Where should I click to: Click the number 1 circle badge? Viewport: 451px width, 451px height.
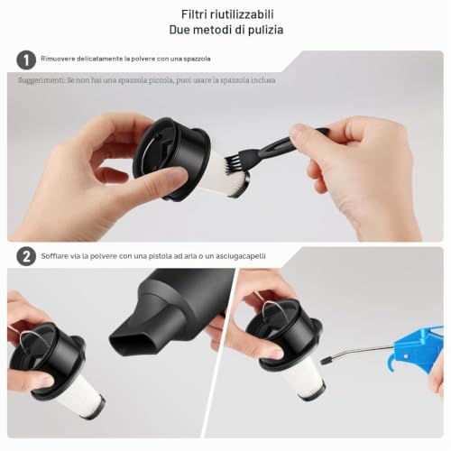(26, 60)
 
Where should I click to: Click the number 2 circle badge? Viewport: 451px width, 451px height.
(26, 256)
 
